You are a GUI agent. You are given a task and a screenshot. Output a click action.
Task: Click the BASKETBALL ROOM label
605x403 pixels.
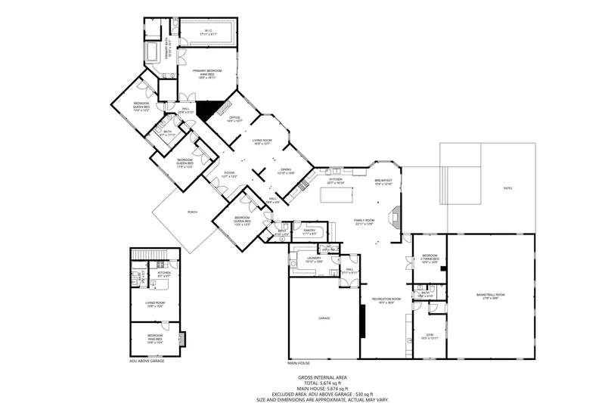pyautogui.click(x=490, y=295)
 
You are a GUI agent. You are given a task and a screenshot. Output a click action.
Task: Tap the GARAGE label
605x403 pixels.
pyautogui.click(x=324, y=318)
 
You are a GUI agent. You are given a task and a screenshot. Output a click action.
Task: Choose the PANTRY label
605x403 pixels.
pyautogui.click(x=309, y=231)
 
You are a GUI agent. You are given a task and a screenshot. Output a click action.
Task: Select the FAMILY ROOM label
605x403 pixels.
pyautogui.click(x=365, y=222)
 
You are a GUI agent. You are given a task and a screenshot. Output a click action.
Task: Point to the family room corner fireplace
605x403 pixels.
pyautogui.click(x=394, y=220)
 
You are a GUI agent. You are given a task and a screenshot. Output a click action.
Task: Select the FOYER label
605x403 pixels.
pyautogui.click(x=228, y=174)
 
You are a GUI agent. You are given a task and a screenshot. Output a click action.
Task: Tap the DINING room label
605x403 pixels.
pyautogui.click(x=286, y=172)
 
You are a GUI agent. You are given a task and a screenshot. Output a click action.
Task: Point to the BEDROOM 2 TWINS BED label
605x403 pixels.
pyautogui.click(x=430, y=259)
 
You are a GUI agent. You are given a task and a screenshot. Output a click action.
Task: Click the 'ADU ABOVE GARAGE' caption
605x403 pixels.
pyautogui.click(x=146, y=361)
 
